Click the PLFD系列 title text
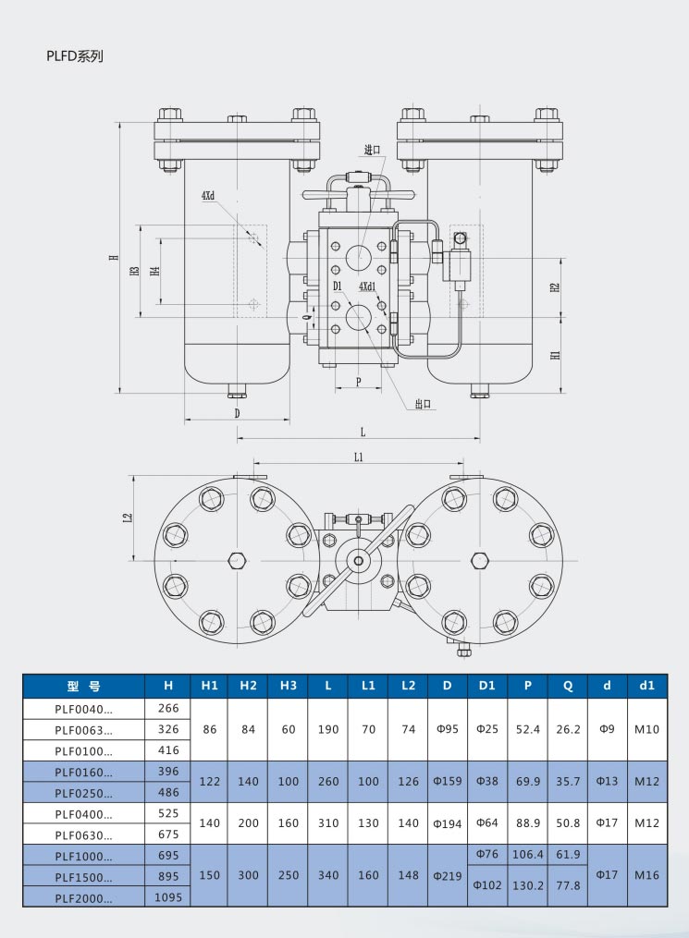75,56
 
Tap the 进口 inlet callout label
373,150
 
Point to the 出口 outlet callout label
424,404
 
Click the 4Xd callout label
208,196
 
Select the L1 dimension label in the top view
359,457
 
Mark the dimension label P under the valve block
358,381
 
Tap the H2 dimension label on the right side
555,286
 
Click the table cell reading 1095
168,896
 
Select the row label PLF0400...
83,814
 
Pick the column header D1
487,686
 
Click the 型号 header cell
83,686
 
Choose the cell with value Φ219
448,875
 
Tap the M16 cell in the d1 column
646,875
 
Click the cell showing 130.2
527,885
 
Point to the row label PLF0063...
83,729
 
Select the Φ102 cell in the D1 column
487,885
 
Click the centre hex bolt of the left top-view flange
237,560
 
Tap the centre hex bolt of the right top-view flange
479,560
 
